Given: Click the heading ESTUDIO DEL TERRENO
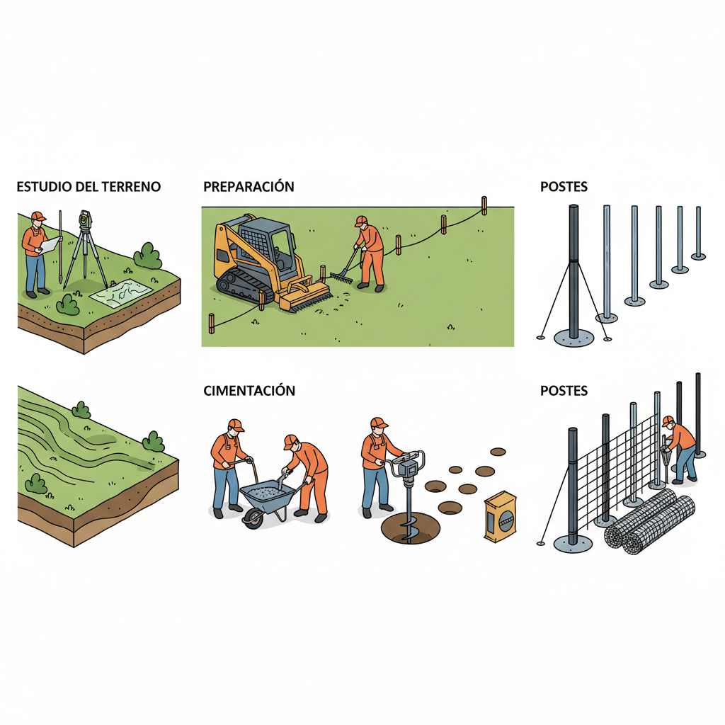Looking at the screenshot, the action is click(89, 187).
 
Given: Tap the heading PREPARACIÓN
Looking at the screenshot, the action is click(249, 186).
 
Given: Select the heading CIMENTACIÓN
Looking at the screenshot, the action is click(249, 391).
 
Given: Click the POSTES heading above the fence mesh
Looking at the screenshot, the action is click(564, 391).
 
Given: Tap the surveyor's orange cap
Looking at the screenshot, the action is click(38, 216).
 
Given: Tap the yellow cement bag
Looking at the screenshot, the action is click(501, 516).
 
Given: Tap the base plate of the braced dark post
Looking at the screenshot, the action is click(573, 338).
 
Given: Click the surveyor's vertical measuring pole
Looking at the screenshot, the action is click(60, 246).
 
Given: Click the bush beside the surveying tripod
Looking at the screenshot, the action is click(148, 256).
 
